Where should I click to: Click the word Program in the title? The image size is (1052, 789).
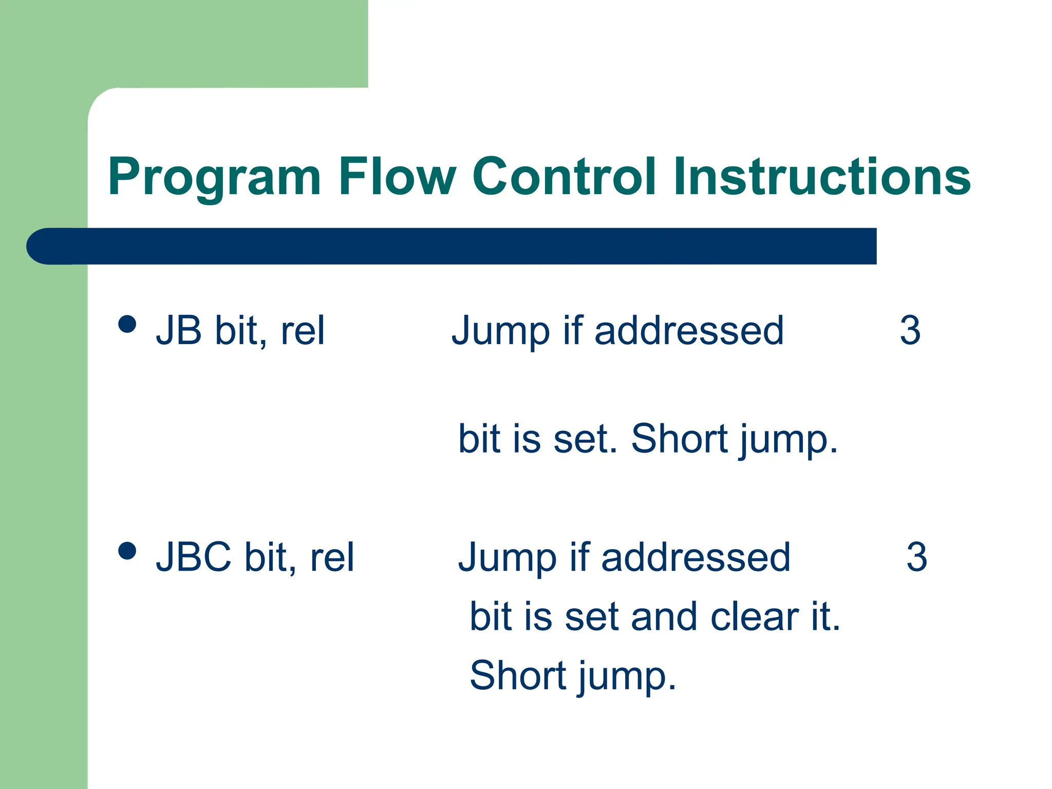point(214,177)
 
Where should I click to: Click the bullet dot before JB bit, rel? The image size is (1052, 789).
point(127,324)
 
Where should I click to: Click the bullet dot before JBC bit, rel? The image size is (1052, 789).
point(127,551)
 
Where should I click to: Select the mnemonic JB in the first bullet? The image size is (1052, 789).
point(179,330)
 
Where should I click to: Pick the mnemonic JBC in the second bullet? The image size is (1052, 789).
point(194,557)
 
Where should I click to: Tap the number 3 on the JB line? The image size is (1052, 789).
point(910,330)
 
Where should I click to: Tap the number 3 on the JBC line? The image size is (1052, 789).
point(916,557)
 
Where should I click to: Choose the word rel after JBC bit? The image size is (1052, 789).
point(332,557)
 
